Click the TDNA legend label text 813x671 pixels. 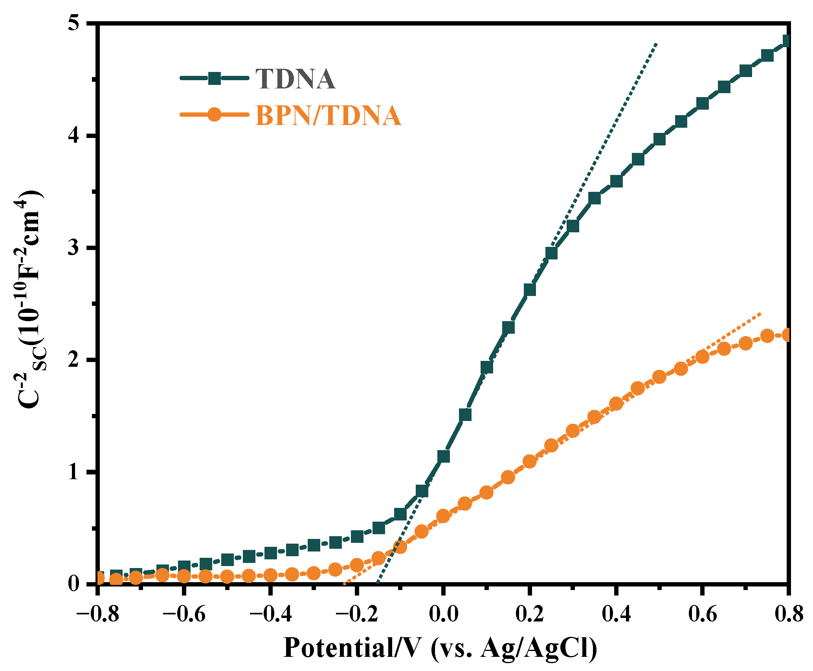pos(295,79)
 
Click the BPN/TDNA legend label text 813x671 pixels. pos(329,116)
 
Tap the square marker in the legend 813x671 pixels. pos(214,78)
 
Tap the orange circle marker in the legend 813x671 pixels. pos(214,114)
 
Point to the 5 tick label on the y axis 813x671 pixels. pos(73,24)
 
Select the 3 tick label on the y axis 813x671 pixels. pos(73,248)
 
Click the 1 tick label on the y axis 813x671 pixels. pos(73,472)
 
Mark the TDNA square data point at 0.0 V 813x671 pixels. pos(443,456)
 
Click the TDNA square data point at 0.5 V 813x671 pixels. pos(659,139)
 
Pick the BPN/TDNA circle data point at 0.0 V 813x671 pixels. pos(443,516)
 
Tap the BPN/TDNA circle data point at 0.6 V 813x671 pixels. pos(703,357)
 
